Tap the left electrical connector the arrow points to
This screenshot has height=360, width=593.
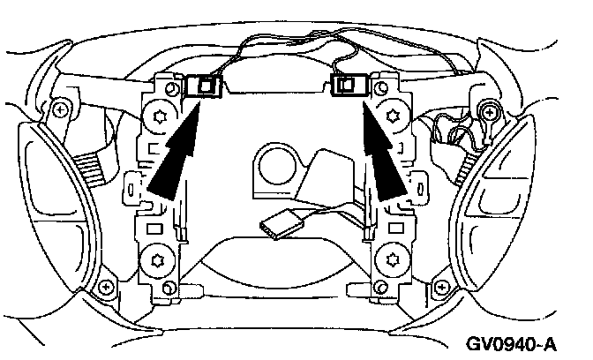(x=206, y=86)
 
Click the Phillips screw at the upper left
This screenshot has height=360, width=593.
(x=59, y=110)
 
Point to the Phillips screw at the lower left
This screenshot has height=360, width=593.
(x=106, y=288)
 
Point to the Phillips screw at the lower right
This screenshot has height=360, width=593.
(x=442, y=288)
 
